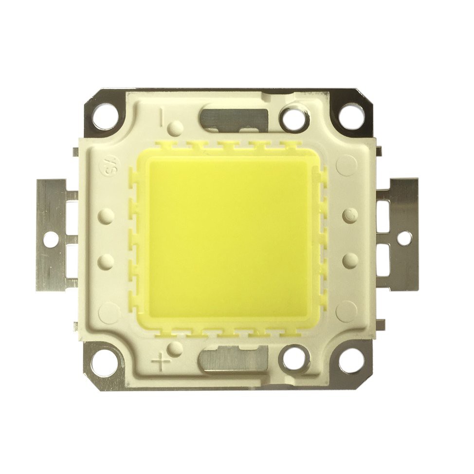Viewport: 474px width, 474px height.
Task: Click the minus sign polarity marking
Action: [x=162, y=117]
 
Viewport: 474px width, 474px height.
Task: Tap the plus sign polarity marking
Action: [x=162, y=362]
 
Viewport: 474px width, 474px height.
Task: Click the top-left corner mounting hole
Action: [x=106, y=116]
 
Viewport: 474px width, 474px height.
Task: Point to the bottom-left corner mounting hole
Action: [x=106, y=363]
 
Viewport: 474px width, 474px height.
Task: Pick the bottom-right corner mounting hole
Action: [x=351, y=361]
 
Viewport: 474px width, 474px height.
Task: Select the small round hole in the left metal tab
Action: [x=49, y=239]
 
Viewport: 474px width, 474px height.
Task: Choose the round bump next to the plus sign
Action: [x=177, y=349]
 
